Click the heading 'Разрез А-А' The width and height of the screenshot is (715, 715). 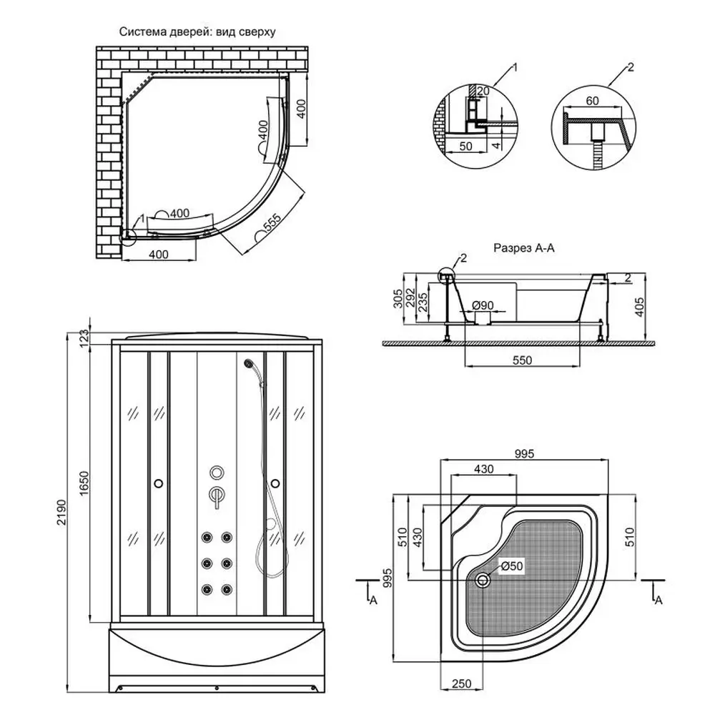[523, 249]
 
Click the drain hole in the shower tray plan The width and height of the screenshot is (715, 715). [485, 581]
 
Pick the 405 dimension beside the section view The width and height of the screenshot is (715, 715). [640, 307]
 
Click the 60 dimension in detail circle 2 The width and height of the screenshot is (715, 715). [592, 101]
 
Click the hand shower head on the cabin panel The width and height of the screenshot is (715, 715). [248, 365]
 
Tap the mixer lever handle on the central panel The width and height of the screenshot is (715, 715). [215, 495]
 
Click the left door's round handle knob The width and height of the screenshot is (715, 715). [157, 483]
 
